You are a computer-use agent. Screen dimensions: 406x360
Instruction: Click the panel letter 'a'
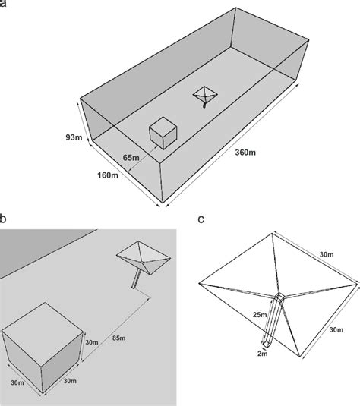pos(5,5)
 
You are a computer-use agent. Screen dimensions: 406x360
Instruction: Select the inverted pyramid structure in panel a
pos(205,95)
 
